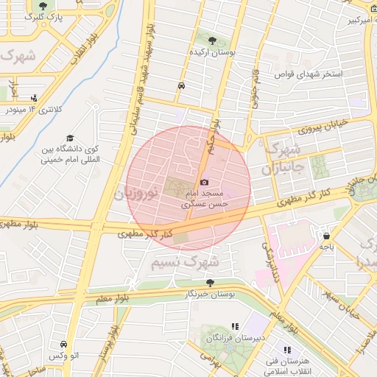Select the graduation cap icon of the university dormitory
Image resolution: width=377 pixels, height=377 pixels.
70,138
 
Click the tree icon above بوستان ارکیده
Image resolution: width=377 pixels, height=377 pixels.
213,40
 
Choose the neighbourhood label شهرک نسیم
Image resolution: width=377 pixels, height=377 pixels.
185,261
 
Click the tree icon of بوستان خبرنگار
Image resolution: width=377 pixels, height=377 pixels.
211,283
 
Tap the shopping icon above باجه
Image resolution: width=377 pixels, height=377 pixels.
326,236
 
